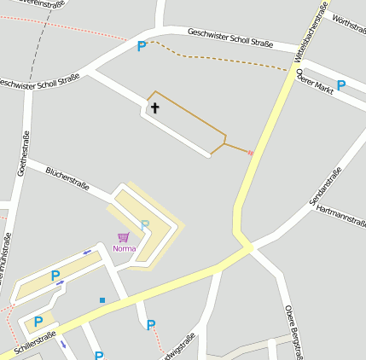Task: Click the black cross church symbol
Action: (x=155, y=108)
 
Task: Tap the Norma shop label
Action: (x=124, y=248)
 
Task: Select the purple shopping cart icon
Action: (x=124, y=237)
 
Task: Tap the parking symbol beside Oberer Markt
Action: (x=341, y=84)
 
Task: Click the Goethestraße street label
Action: (x=24, y=154)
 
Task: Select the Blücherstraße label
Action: (x=67, y=178)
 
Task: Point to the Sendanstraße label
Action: (x=325, y=185)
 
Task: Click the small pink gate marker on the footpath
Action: (x=250, y=153)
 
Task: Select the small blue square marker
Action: (x=102, y=300)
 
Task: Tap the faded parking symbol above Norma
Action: (x=145, y=224)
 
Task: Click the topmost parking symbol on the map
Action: (x=142, y=46)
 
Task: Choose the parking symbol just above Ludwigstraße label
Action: (x=151, y=324)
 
